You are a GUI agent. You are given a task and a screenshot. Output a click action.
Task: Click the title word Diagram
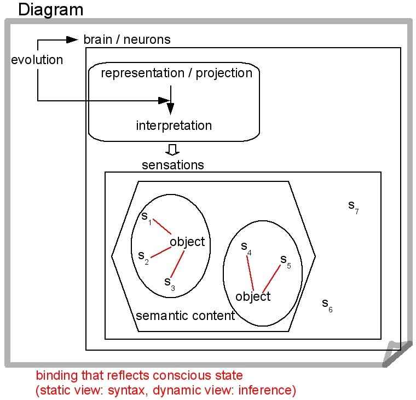(51, 9)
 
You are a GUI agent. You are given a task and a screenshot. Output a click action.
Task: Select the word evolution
(37, 60)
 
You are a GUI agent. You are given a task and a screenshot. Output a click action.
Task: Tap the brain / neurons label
(126, 39)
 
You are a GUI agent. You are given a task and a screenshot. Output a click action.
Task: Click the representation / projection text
(176, 73)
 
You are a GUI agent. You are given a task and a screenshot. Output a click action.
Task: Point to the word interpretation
(174, 125)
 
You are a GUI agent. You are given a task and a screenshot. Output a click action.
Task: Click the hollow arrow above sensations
(173, 150)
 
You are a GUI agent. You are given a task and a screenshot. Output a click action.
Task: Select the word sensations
(172, 165)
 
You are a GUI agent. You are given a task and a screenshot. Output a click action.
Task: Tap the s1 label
(146, 218)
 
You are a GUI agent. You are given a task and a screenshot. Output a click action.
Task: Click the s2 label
(143, 256)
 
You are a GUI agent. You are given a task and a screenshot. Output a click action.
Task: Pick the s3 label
(169, 282)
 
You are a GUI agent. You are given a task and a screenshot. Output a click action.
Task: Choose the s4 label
(246, 248)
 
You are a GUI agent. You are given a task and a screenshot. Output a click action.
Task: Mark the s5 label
(285, 260)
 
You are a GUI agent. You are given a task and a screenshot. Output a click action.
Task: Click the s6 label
(327, 304)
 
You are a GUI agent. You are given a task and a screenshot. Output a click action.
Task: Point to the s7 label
(353, 206)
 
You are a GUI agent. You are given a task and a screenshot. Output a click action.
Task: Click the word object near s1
(187, 242)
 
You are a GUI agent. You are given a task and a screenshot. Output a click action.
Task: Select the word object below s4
(253, 296)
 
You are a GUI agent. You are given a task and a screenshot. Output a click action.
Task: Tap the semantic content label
(185, 316)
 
